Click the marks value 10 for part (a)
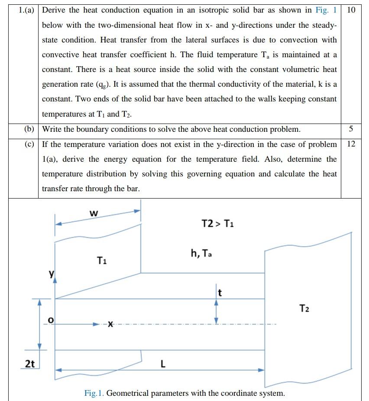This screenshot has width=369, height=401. click(351, 10)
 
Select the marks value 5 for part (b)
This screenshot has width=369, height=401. click(351, 129)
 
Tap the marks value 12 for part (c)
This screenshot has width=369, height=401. click(351, 144)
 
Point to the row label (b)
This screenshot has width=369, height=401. click(29, 129)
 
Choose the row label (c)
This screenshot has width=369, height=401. click(29, 144)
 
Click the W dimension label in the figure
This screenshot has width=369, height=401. click(94, 213)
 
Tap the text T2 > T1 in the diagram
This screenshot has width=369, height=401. click(217, 224)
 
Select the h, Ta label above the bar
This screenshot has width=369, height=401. click(201, 253)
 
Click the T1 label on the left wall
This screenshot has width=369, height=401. click(102, 261)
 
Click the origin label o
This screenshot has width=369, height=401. click(51, 320)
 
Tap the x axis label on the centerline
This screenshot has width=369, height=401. click(110, 324)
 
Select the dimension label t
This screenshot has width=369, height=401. click(220, 293)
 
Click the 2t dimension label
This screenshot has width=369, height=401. click(29, 364)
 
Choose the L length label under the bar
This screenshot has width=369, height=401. click(163, 364)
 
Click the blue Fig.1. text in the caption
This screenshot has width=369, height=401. click(94, 393)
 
